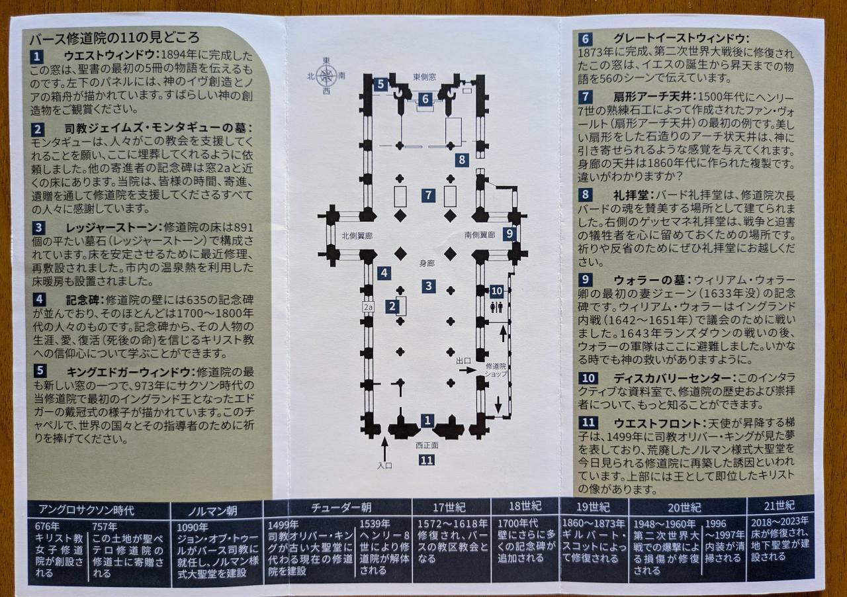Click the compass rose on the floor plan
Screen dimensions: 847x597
point(326,76)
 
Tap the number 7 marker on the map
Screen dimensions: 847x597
point(428,195)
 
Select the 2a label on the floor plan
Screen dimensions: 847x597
point(368,307)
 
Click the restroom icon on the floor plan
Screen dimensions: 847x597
point(496,308)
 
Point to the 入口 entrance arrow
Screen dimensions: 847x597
point(384,449)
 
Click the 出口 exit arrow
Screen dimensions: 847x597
point(468,370)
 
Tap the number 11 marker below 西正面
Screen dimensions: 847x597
point(427,460)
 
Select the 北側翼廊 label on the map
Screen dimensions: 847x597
point(357,236)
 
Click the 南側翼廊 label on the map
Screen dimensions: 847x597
point(480,235)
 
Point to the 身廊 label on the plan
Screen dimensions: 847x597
point(427,263)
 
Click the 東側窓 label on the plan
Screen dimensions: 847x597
point(424,77)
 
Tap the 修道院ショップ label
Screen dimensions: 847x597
point(496,370)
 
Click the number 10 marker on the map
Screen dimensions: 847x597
point(496,291)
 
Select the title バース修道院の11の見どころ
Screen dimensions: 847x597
point(114,38)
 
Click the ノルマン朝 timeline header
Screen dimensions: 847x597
point(213,511)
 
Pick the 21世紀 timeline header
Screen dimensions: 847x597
point(779,506)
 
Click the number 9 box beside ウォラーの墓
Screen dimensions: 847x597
point(586,279)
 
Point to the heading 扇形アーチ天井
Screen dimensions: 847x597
point(652,97)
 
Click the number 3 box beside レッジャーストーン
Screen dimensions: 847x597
point(38,228)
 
